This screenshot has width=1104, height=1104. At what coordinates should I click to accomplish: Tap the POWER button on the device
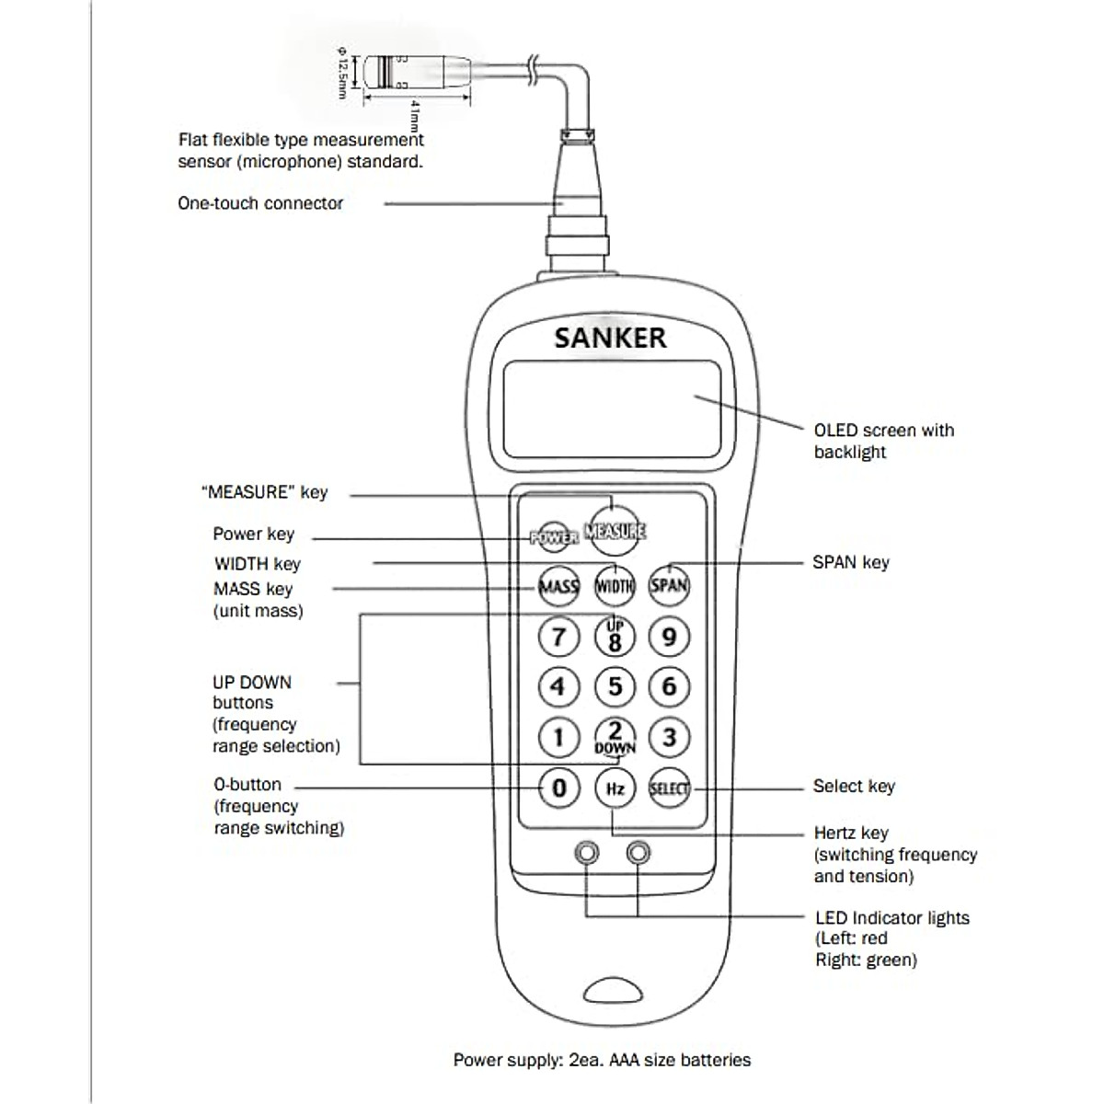[554, 536]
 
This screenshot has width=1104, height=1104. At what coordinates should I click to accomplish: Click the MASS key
[558, 586]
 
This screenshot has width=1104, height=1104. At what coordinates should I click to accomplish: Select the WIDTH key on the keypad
[615, 586]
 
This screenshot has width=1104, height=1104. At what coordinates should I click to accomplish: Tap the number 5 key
[615, 686]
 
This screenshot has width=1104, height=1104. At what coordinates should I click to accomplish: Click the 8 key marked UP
[615, 637]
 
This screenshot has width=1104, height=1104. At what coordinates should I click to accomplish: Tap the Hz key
[615, 789]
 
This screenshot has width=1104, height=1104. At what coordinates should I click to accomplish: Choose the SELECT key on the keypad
[669, 789]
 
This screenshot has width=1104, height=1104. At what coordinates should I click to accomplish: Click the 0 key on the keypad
[558, 788]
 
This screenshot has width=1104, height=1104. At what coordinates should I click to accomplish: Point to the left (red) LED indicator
[586, 853]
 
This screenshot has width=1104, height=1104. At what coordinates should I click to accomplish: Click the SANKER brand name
[610, 338]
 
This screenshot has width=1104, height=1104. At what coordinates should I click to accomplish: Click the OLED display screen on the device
[612, 409]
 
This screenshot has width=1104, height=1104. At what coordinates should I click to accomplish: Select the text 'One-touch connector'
[260, 203]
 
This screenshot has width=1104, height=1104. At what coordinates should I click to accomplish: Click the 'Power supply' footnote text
[602, 1060]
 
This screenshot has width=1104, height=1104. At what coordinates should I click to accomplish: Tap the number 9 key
[669, 637]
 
